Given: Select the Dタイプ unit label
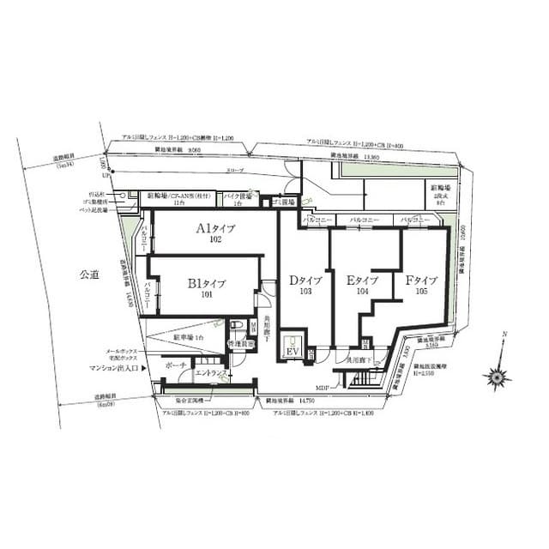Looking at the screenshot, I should point(305,281).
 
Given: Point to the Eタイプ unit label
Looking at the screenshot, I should point(361,281).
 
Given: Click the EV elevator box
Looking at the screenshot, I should point(293,352).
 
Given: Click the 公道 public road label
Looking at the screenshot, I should point(90,275).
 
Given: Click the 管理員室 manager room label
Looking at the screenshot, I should point(240,344).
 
